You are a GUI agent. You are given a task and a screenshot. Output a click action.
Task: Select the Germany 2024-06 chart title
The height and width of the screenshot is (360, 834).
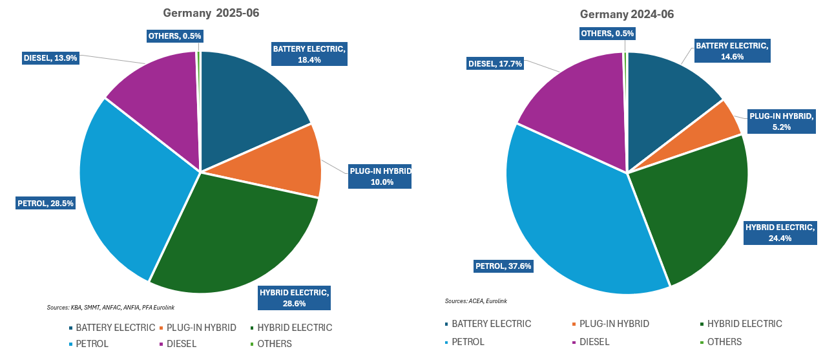[627, 14]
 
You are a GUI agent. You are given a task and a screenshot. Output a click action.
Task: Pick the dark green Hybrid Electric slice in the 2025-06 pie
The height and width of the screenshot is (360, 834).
[239, 239]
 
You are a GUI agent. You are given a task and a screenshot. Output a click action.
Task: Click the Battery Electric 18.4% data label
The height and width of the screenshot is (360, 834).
[309, 54]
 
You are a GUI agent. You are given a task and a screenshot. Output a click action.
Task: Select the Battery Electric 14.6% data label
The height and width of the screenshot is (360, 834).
[732, 51]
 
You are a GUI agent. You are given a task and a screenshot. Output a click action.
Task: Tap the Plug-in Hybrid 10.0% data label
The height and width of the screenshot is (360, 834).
[380, 176]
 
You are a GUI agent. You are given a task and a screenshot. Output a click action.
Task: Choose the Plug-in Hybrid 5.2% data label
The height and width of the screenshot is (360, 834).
[781, 122]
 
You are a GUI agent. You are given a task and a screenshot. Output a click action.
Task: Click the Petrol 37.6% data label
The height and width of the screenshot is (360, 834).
[503, 266]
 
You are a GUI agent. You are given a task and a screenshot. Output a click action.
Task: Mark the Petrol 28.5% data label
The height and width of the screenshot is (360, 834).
[45, 204]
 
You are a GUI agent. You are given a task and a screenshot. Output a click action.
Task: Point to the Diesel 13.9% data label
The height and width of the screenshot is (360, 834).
[50, 58]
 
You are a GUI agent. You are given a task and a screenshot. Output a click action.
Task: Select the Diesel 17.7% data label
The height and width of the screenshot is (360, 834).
[495, 64]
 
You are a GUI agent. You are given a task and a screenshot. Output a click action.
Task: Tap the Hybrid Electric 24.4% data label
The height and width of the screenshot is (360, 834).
[780, 233]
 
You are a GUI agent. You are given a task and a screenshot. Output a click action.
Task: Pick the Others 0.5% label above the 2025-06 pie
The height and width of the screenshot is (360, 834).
[174, 36]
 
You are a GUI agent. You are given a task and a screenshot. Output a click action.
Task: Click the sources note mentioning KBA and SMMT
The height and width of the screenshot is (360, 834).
[111, 307]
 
